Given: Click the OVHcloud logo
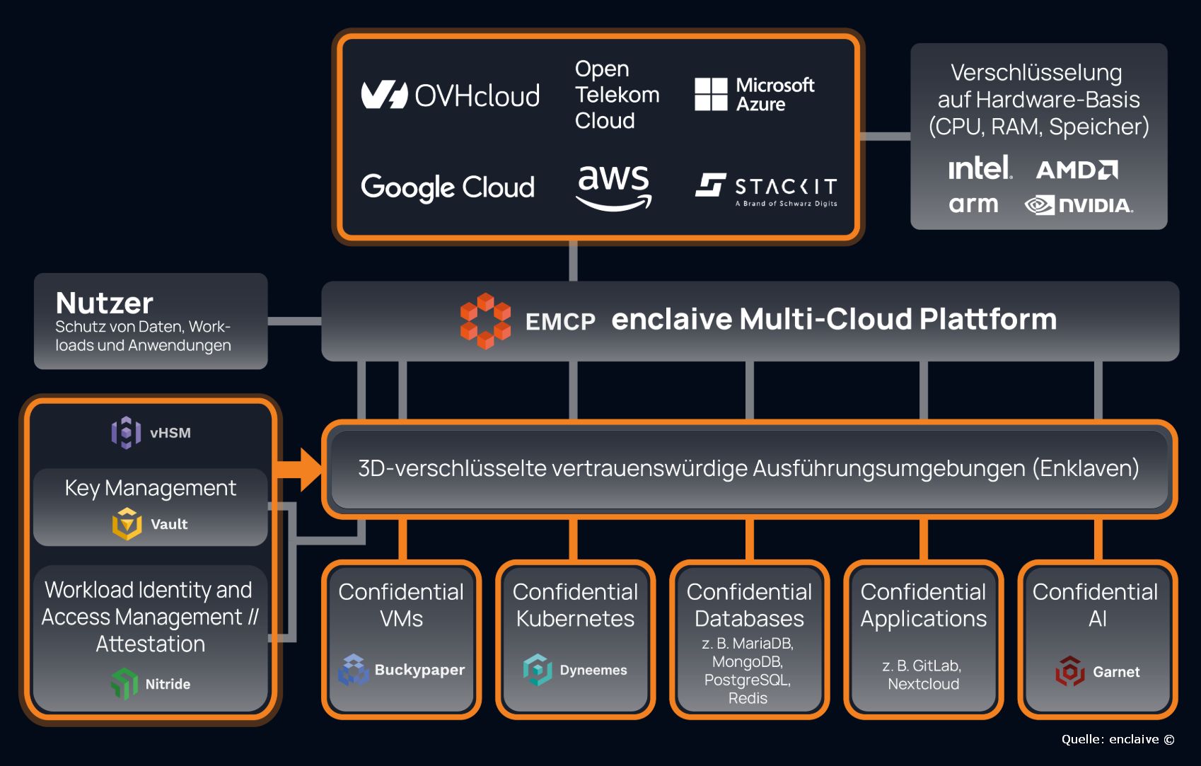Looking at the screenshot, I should (450, 95).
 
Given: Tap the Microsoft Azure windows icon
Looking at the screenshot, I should (711, 95).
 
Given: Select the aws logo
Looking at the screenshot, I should (614, 187).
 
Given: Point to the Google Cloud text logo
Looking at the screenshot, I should (448, 187).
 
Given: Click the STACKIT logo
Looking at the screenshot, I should (766, 188).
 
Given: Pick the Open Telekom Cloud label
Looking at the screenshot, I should (617, 95).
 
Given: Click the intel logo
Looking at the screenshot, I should (980, 168).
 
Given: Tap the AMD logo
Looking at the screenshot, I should (1077, 170).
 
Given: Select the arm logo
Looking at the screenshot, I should (973, 204).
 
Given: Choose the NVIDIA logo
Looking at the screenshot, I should (1079, 205).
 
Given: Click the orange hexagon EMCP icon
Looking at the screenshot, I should (485, 320).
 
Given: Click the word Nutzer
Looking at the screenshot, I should (105, 303).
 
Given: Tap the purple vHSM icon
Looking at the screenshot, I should (126, 432).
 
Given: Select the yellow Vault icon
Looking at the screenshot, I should (127, 524).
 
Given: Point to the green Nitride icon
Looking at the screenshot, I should (124, 683).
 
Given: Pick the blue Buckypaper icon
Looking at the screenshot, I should (354, 670).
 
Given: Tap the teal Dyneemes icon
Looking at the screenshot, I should (538, 669).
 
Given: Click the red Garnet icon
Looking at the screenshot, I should (1070, 671).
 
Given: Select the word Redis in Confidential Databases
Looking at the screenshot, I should (748, 698).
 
